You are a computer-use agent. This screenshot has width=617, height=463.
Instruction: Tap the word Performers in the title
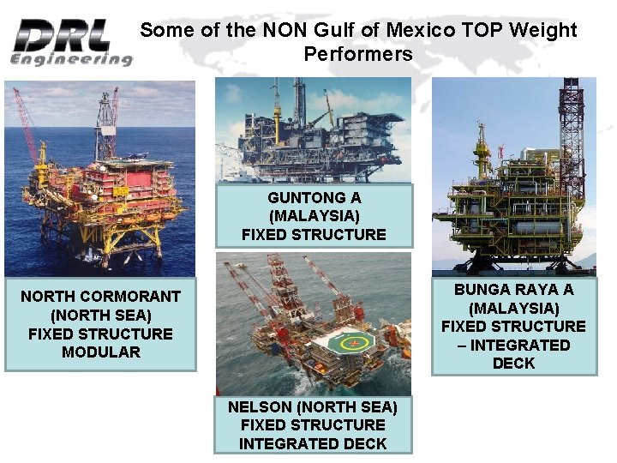[358, 55]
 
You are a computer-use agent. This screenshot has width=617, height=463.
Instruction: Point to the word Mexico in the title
[420, 31]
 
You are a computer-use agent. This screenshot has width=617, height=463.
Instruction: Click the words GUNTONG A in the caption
[314, 197]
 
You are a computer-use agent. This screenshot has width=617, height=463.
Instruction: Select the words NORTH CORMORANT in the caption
[100, 297]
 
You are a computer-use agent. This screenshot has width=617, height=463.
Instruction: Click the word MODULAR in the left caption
[100, 352]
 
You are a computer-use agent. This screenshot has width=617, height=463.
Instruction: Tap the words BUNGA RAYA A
[513, 290]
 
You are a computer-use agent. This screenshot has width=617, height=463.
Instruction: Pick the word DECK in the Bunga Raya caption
[513, 364]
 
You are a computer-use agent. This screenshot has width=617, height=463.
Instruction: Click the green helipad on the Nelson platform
[352, 343]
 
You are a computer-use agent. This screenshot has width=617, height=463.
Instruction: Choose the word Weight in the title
[545, 31]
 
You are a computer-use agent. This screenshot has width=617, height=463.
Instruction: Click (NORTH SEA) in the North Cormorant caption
[100, 316]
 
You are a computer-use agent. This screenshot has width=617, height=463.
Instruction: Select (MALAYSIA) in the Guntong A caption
[314, 216]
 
